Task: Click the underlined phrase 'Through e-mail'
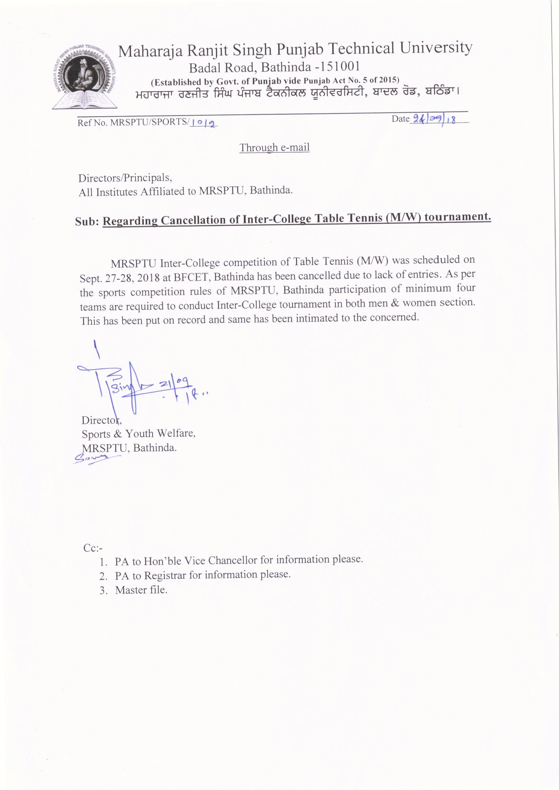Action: tap(275, 148)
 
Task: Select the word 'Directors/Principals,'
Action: tap(125, 178)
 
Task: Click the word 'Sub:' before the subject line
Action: tap(87, 221)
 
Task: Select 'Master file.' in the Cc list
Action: tap(141, 590)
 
